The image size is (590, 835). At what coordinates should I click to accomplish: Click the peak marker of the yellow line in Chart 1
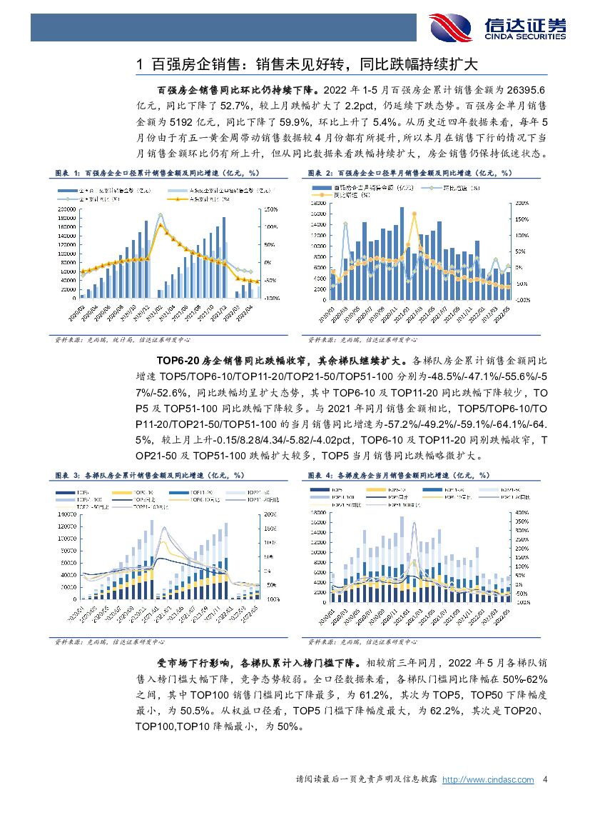(161, 225)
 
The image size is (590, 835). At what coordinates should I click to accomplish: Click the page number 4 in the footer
(545, 779)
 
